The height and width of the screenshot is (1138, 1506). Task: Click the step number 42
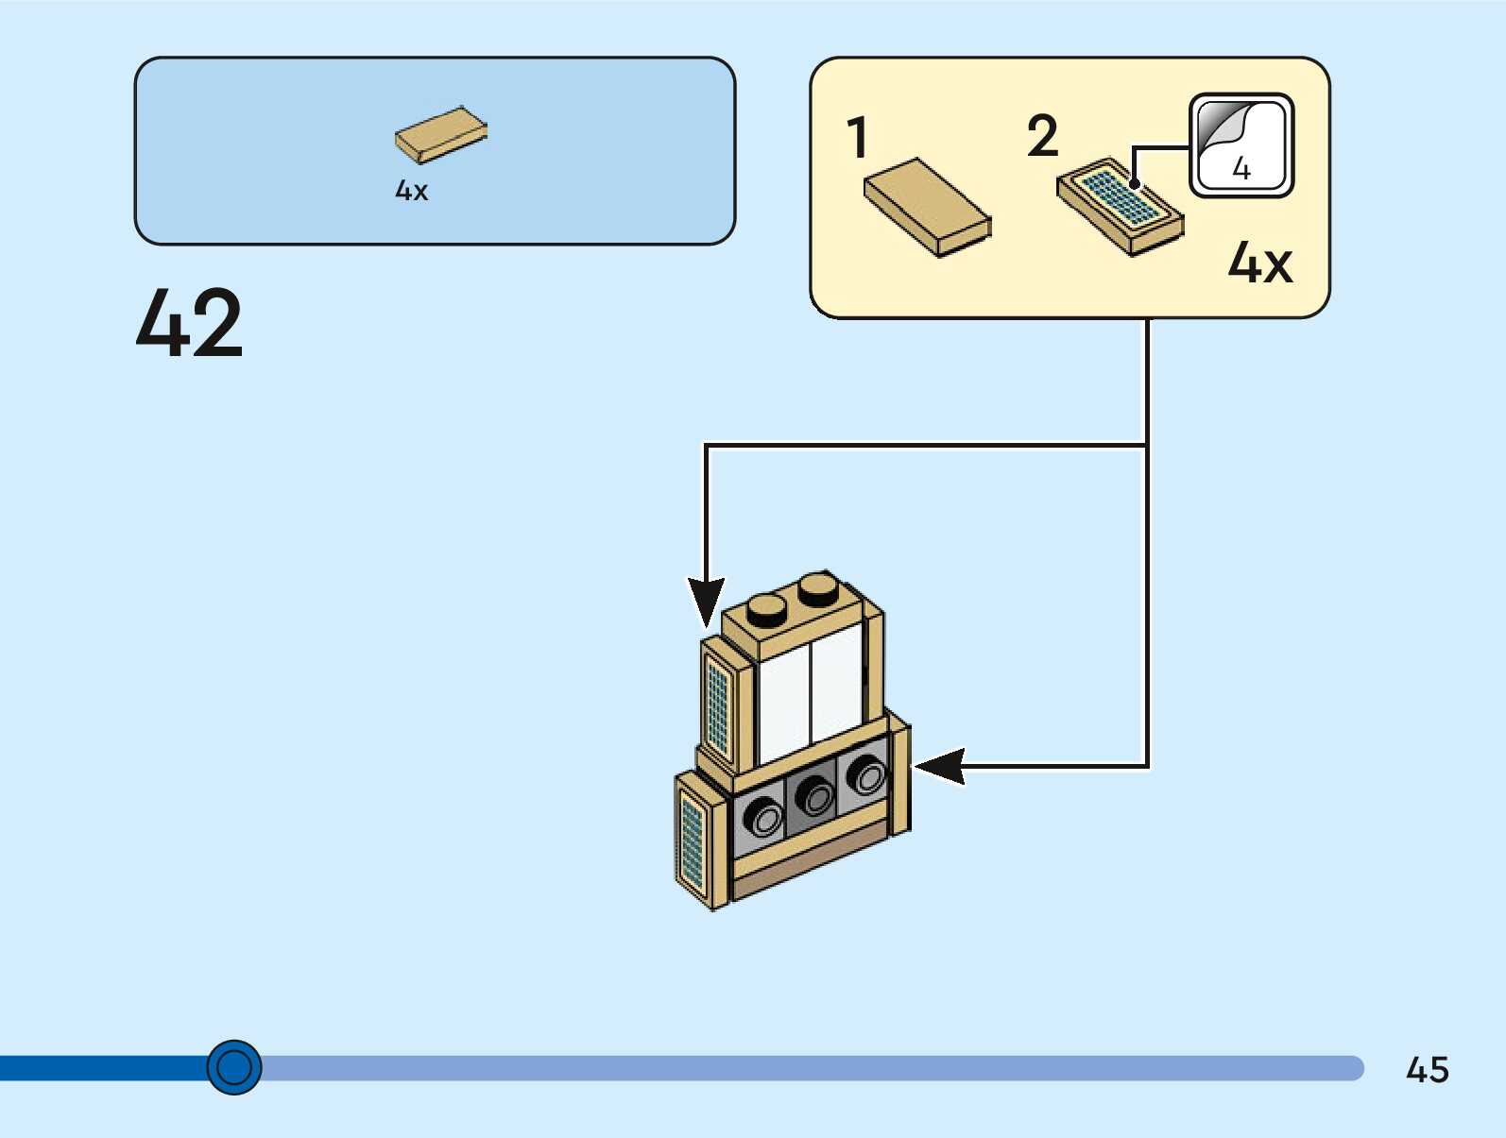pos(190,323)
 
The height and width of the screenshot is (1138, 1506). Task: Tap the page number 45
pos(1427,1070)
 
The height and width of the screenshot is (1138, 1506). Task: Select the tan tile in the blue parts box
pos(440,134)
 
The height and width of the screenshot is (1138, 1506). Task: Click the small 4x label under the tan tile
pos(411,191)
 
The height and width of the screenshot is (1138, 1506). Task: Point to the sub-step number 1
pos(857,138)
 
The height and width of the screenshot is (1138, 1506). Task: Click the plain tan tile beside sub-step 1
pos(927,207)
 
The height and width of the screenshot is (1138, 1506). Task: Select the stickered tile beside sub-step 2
pos(1120,205)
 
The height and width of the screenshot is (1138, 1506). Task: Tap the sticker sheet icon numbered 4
pos(1241,145)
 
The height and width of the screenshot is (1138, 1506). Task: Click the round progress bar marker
pos(234,1067)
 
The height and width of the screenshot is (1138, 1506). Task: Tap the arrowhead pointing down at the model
pos(706,601)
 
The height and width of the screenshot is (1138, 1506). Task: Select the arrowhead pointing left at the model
pos(939,766)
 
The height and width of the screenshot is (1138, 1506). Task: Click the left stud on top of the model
pos(767,609)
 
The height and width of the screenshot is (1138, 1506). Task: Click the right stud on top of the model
pos(818,588)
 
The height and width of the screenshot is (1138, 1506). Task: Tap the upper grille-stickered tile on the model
pos(719,703)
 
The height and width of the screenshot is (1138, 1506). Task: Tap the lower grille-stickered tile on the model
pos(693,841)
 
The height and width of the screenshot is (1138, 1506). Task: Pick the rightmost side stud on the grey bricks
pos(865,775)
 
